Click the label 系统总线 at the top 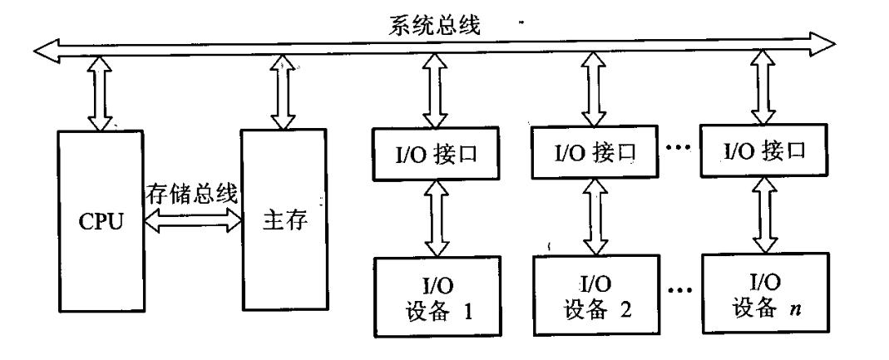pos(435,25)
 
